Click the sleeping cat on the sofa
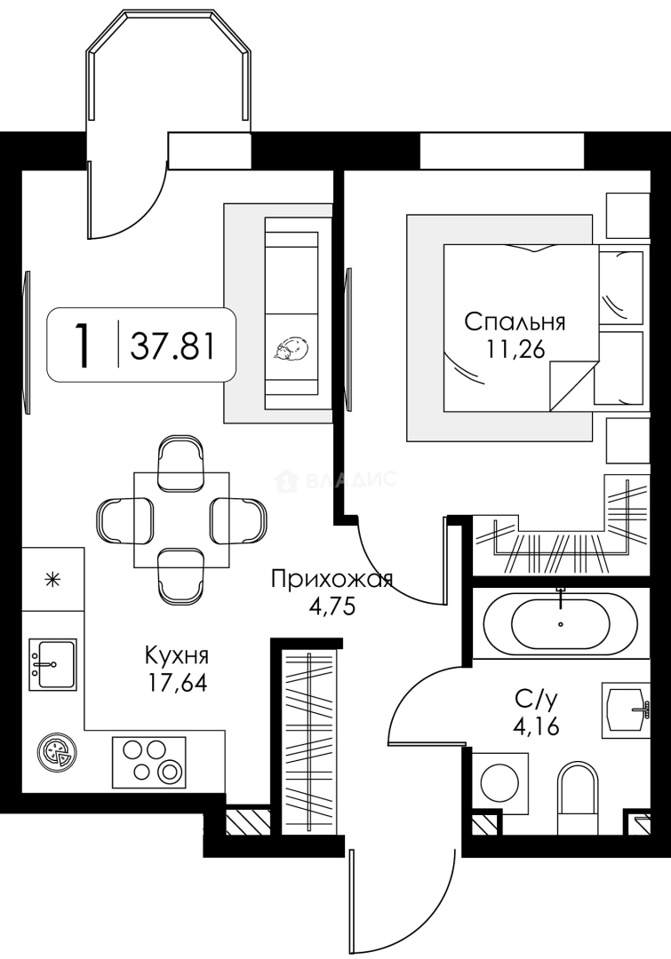pyautogui.click(x=292, y=351)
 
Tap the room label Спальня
pyautogui.click(x=515, y=321)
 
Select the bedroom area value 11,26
pyautogui.click(x=515, y=349)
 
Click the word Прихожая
pyautogui.click(x=332, y=579)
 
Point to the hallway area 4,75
pyautogui.click(x=332, y=608)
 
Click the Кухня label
pyautogui.click(x=177, y=655)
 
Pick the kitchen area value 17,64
pyautogui.click(x=178, y=683)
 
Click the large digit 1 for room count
pyautogui.click(x=82, y=346)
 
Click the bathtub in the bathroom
pyautogui.click(x=547, y=623)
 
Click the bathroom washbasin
pyautogui.click(x=625, y=709)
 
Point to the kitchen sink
pyautogui.click(x=52, y=665)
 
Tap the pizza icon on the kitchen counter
pyautogui.click(x=55, y=753)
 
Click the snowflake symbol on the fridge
pyautogui.click(x=54, y=578)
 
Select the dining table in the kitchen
pyautogui.click(x=181, y=519)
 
